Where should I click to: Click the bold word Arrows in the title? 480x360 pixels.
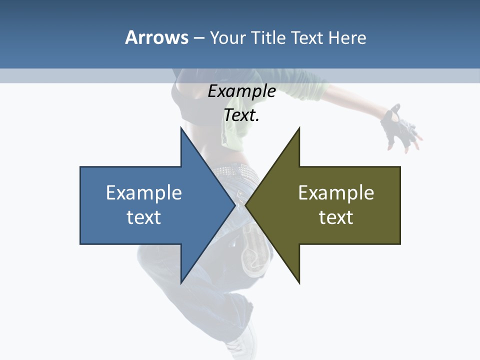[x=156, y=37]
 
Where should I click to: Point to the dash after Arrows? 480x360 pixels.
[x=198, y=38]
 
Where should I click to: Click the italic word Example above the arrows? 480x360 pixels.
[x=241, y=91]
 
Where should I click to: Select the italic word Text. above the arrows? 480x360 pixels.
[x=241, y=115]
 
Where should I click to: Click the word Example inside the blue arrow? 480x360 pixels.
[x=144, y=192]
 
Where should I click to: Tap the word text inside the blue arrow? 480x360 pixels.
[x=144, y=217]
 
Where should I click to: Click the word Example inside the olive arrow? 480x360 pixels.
[x=336, y=192]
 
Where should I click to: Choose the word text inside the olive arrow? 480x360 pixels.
[x=336, y=217]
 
